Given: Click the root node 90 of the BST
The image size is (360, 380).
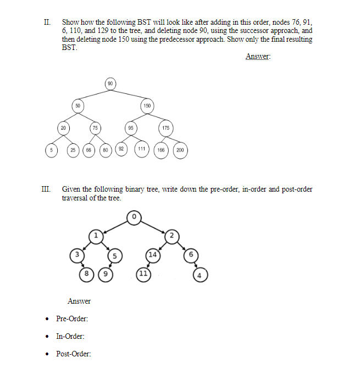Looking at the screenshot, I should point(110,83).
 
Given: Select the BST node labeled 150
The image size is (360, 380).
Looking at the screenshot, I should point(147,105).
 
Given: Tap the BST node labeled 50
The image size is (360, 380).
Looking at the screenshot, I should point(78,105).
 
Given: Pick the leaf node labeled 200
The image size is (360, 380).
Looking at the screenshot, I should point(181,149).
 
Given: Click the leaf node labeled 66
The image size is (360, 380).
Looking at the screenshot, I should point(88,149).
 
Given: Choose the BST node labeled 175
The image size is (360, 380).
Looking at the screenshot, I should point(165,128).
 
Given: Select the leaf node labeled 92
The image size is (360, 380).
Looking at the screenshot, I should point(121,149).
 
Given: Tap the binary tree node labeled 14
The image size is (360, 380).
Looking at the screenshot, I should point(152,254).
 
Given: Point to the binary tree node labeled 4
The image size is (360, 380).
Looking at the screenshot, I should point(200,275).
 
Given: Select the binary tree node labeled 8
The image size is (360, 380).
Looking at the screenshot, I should point(86,273).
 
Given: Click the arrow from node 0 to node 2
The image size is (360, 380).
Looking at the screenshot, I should point(153,227).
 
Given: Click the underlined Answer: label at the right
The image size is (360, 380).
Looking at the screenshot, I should point(258,56).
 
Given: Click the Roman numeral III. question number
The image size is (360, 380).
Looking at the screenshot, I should point(46,189).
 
